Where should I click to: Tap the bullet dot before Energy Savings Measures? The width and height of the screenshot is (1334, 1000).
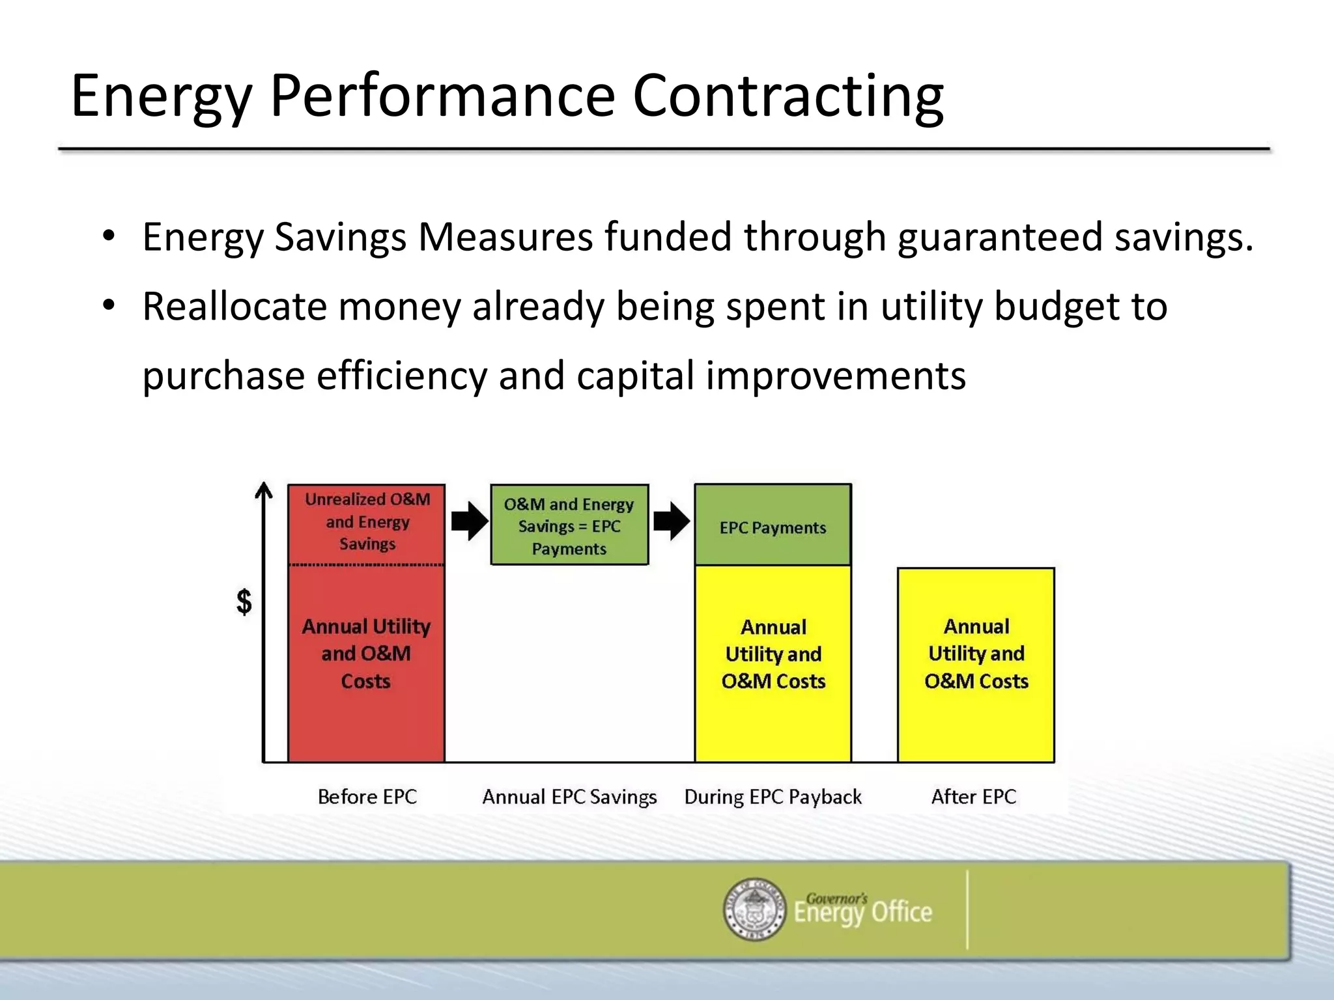[109, 235]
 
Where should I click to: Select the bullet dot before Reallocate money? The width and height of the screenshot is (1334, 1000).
[109, 305]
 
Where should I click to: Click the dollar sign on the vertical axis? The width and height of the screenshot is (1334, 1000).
[244, 602]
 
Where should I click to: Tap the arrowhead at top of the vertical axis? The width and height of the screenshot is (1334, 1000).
[263, 490]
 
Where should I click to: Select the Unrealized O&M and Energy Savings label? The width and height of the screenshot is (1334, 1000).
[367, 521]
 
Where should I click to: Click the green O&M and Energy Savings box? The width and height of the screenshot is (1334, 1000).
[569, 525]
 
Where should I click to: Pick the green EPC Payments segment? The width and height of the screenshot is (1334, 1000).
[773, 526]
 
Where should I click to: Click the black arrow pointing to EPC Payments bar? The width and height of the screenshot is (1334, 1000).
[671, 521]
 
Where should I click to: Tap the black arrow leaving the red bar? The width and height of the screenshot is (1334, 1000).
[469, 521]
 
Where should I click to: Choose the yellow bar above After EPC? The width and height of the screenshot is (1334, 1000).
[976, 664]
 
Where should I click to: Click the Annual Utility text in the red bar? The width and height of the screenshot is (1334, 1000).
[365, 626]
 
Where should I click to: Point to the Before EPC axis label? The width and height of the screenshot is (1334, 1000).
[367, 797]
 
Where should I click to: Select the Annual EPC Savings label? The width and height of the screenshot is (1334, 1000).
[569, 797]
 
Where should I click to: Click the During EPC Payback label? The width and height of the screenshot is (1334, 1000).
[773, 797]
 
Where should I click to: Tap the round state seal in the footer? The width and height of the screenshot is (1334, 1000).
[754, 909]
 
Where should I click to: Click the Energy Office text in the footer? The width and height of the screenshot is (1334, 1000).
[862, 912]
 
